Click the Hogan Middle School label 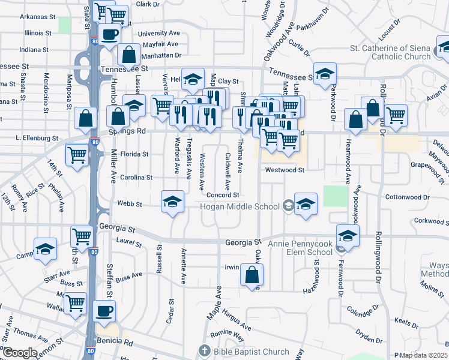coord(240,207)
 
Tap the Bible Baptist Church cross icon coord(204,350)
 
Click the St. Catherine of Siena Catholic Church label coord(391,52)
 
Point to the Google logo coord(20,353)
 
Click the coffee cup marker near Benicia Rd coord(104,311)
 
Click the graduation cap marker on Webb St coord(172,202)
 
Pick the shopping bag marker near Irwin coord(252,275)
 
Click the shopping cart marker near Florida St coord(77,154)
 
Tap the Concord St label coord(223,195)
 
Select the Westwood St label coord(286,170)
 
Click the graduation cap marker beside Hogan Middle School coord(306,203)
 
